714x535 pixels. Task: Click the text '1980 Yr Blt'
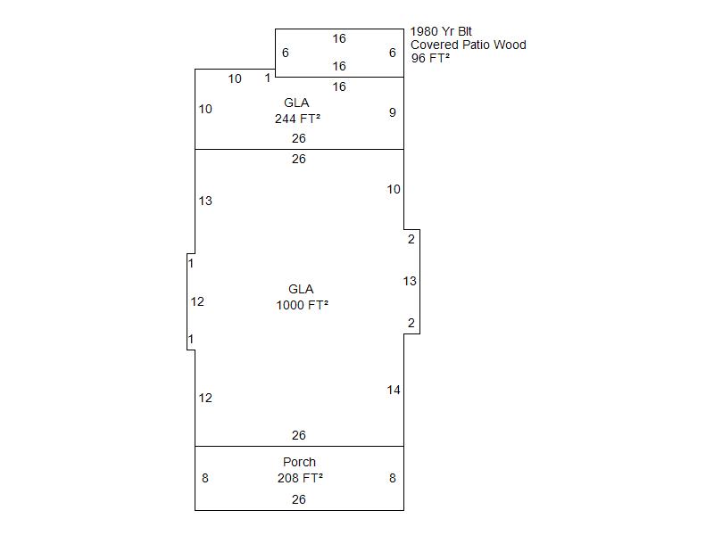point(441,31)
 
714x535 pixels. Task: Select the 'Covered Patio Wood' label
point(468,45)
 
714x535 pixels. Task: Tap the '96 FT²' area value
point(430,58)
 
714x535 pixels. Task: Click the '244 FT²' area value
point(297,119)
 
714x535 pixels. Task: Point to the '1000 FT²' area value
point(302,305)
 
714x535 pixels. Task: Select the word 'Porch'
point(299,462)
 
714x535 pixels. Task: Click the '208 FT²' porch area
point(300,478)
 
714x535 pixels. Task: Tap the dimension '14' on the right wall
point(394,390)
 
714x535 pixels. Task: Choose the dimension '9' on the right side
point(393,112)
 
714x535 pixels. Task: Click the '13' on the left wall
point(205,201)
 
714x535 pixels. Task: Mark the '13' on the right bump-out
point(410,281)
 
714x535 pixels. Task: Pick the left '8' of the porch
point(205,478)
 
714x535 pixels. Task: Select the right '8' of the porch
point(393,478)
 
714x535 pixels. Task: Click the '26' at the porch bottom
point(299,499)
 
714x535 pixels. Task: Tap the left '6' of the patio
point(286,53)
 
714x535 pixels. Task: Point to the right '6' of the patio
point(393,53)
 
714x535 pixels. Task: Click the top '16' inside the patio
point(339,38)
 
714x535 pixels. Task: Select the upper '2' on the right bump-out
point(411,239)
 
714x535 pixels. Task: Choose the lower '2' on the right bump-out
point(411,323)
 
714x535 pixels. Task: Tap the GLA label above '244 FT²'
point(296,103)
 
